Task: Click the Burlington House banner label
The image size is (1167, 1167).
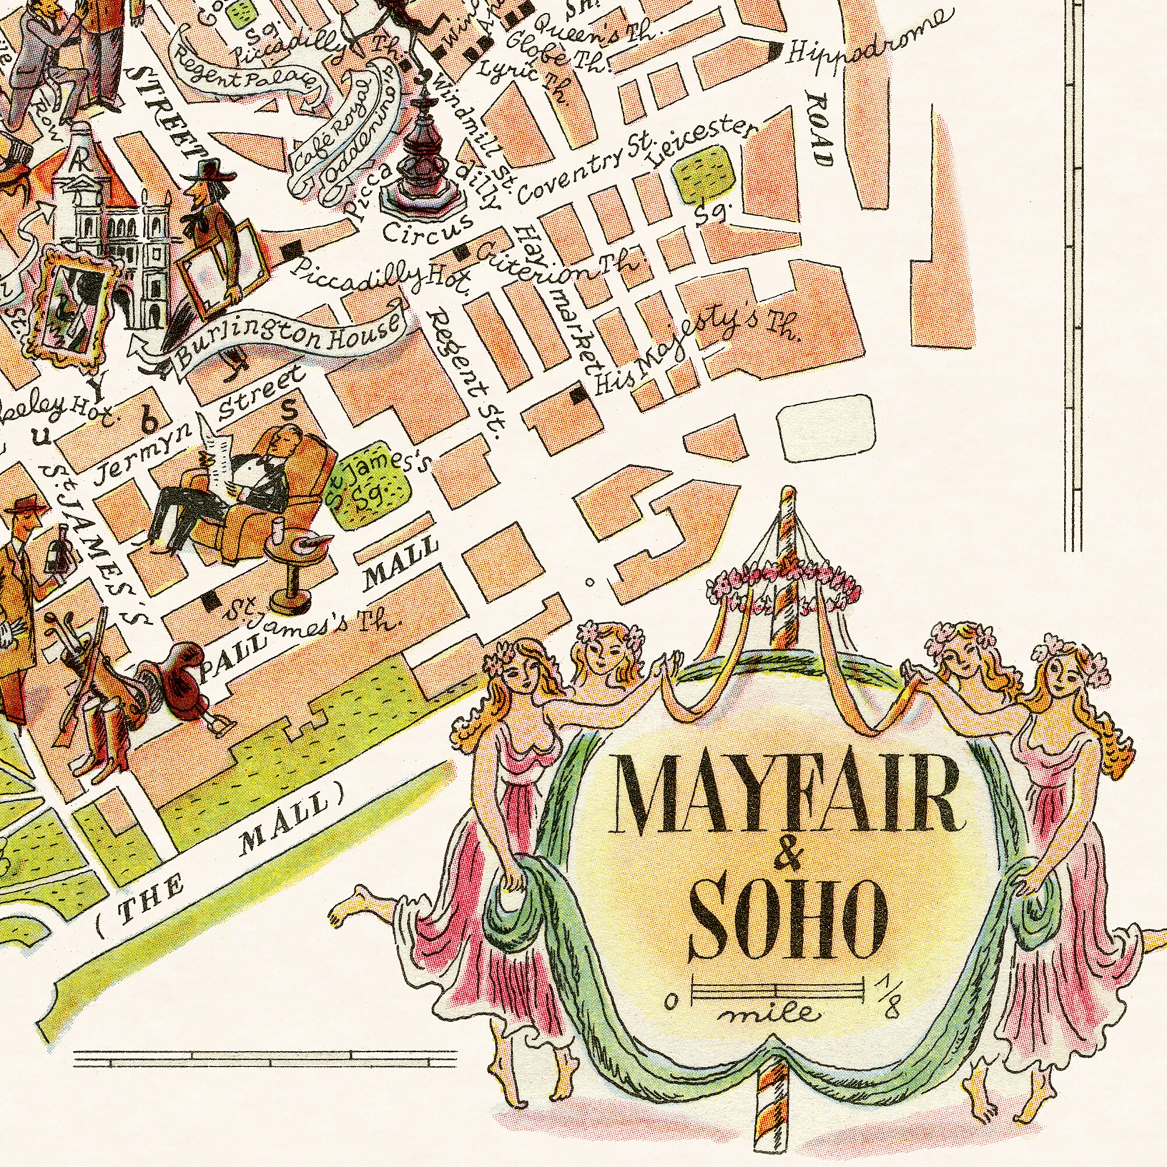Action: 289,343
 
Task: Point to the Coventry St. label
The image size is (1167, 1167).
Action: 583,170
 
